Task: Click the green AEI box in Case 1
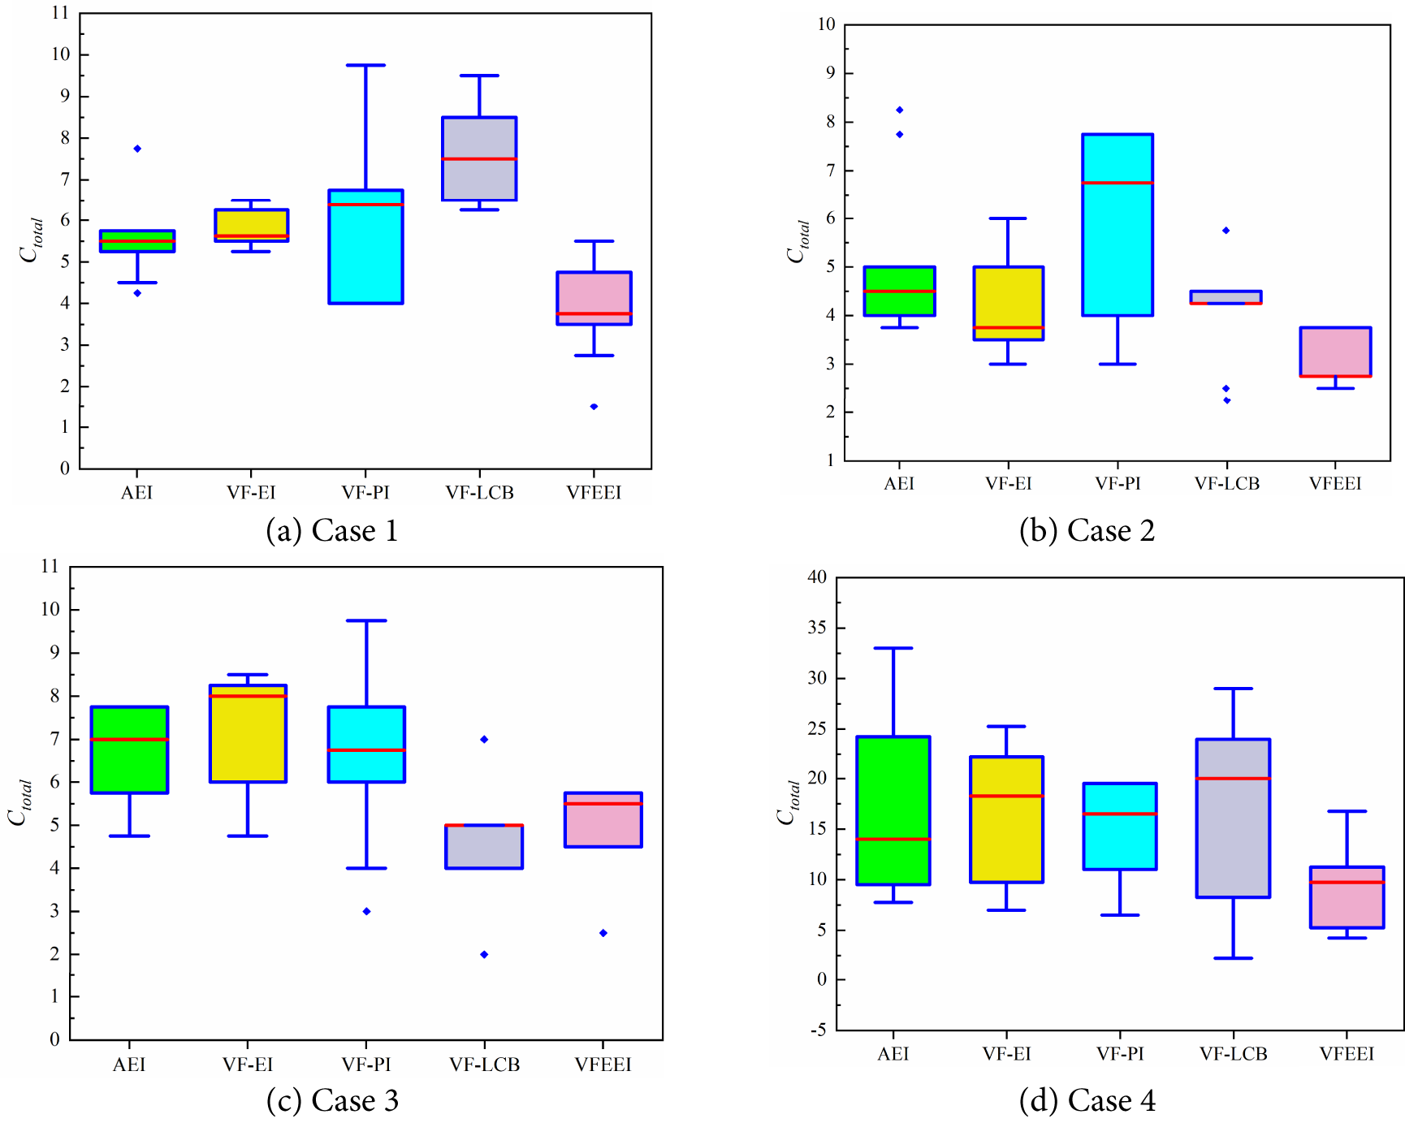(x=137, y=241)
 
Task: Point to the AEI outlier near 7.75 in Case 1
(x=137, y=149)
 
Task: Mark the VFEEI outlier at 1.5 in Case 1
(x=594, y=407)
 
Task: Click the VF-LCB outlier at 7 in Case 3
(x=484, y=739)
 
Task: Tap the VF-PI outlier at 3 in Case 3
(x=366, y=911)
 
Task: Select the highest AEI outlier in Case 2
(x=899, y=110)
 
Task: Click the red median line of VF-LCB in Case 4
(x=1233, y=779)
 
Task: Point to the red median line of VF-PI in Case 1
(x=365, y=204)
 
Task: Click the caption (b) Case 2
(x=1087, y=531)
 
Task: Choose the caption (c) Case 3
(x=332, y=1100)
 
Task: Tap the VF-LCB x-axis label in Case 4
(x=1233, y=1054)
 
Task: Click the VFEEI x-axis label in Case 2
(x=1334, y=484)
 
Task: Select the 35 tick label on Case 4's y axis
(x=817, y=628)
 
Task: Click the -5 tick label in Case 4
(x=818, y=1030)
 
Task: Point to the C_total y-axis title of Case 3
(x=19, y=802)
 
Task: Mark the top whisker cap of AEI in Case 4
(x=893, y=648)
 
